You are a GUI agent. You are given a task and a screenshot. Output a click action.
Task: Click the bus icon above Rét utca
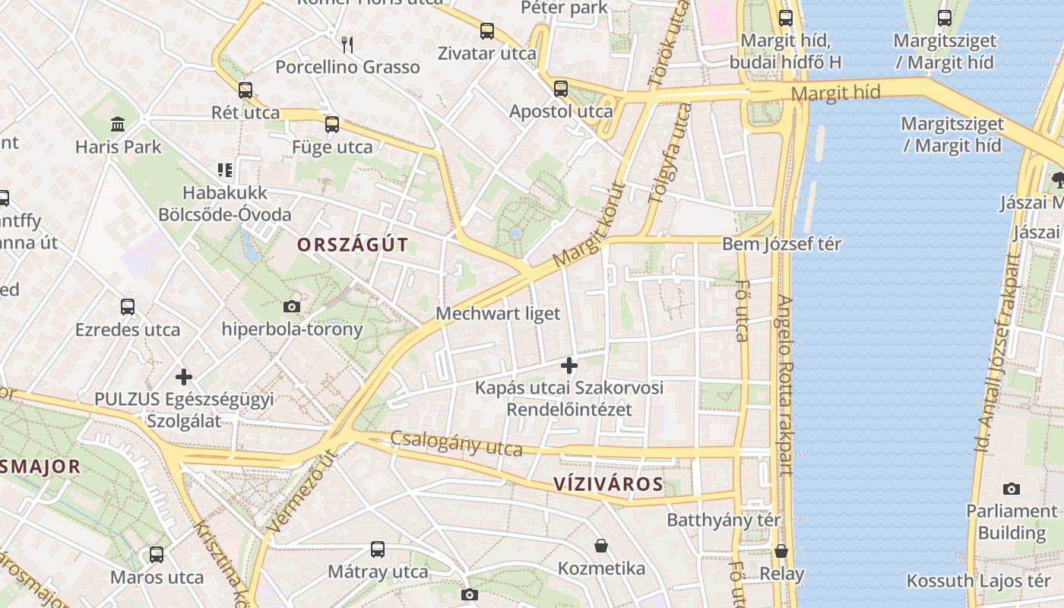[x=245, y=90]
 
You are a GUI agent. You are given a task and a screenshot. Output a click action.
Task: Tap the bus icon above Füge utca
[x=331, y=125]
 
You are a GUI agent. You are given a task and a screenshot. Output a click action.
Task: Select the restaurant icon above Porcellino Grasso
[x=347, y=45]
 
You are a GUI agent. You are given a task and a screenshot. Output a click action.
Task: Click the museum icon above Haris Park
[x=118, y=124]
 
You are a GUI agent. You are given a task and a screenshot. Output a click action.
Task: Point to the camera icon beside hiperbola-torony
[x=291, y=307]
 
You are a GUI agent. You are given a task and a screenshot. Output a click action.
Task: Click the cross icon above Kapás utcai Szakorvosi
[x=568, y=366]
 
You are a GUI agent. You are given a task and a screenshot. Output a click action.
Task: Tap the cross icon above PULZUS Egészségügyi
[x=183, y=376]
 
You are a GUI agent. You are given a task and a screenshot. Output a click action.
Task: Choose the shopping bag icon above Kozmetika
[x=601, y=546]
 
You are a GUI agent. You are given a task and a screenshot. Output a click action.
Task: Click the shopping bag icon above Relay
[x=781, y=551]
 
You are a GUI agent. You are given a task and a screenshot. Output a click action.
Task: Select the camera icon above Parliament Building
[x=1011, y=489]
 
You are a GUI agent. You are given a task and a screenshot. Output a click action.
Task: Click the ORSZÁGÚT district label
[x=353, y=245]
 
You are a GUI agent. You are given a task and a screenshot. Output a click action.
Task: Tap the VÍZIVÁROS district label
[x=608, y=484]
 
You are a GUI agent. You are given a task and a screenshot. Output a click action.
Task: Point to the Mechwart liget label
[x=498, y=313]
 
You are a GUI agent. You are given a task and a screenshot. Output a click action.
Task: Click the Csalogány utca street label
[x=456, y=443]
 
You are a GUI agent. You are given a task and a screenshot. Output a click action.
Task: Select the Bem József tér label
[x=781, y=244]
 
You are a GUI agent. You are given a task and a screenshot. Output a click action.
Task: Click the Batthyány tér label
[x=724, y=520]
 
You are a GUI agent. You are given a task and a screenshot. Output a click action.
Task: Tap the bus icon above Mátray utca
[x=377, y=549]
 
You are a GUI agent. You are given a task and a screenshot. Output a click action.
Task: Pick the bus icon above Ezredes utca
[x=128, y=308]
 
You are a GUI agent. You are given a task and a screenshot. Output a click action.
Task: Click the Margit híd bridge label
[x=835, y=93]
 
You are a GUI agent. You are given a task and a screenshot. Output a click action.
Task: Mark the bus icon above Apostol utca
[x=560, y=89]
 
